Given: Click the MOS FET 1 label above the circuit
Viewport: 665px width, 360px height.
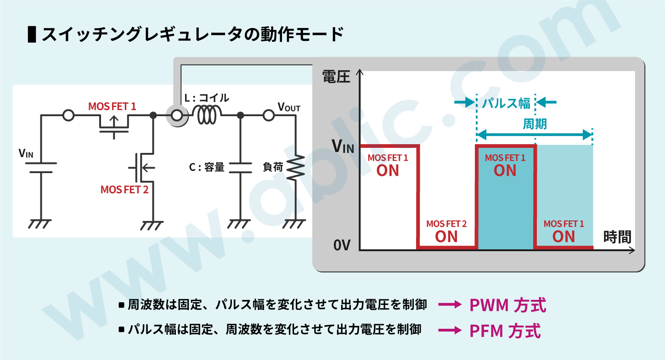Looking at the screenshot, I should pos(112,107).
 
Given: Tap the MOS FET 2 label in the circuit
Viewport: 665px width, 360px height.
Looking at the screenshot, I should pos(124,189).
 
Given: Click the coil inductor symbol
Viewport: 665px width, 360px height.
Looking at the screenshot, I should pos(207,115).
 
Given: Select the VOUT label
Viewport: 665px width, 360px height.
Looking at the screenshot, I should pos(289,107).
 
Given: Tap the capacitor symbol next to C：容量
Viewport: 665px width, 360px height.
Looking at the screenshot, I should pos(240,168).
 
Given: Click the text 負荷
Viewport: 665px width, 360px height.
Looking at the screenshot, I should pos(273,167).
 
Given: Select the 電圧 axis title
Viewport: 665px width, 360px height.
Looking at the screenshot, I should pos(336,76).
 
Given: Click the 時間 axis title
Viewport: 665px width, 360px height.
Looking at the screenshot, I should pos(617,237).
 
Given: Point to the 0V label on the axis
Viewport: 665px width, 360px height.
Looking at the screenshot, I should pos(343,246).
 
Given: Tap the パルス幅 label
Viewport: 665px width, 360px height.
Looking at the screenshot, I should pos(506,103).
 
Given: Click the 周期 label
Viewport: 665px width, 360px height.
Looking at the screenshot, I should pos(535,124).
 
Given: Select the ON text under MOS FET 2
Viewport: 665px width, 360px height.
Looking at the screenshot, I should pos(446,236).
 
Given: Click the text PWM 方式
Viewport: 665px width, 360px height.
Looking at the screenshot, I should pos(507,305).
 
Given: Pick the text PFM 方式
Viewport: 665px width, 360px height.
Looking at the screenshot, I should pos(505,331).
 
